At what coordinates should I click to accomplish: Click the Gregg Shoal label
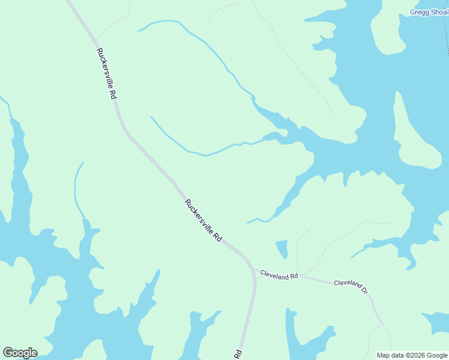429,12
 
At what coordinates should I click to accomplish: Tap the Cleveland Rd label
279,275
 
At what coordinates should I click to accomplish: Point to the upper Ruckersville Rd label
106,73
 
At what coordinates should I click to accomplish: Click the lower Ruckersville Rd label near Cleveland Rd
203,220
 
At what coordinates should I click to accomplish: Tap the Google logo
20,352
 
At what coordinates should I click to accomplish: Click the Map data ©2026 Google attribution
412,355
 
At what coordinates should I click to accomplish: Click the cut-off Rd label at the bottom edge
238,353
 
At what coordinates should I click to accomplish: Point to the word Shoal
439,12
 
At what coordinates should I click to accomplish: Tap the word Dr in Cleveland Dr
364,290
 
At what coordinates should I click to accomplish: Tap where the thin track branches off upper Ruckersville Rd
97,41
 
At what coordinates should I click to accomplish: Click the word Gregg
419,12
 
